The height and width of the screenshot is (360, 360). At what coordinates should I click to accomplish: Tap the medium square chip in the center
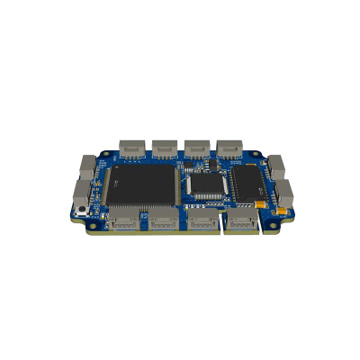click(209, 184)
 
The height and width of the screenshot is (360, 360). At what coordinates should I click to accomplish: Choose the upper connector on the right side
click(275, 165)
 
